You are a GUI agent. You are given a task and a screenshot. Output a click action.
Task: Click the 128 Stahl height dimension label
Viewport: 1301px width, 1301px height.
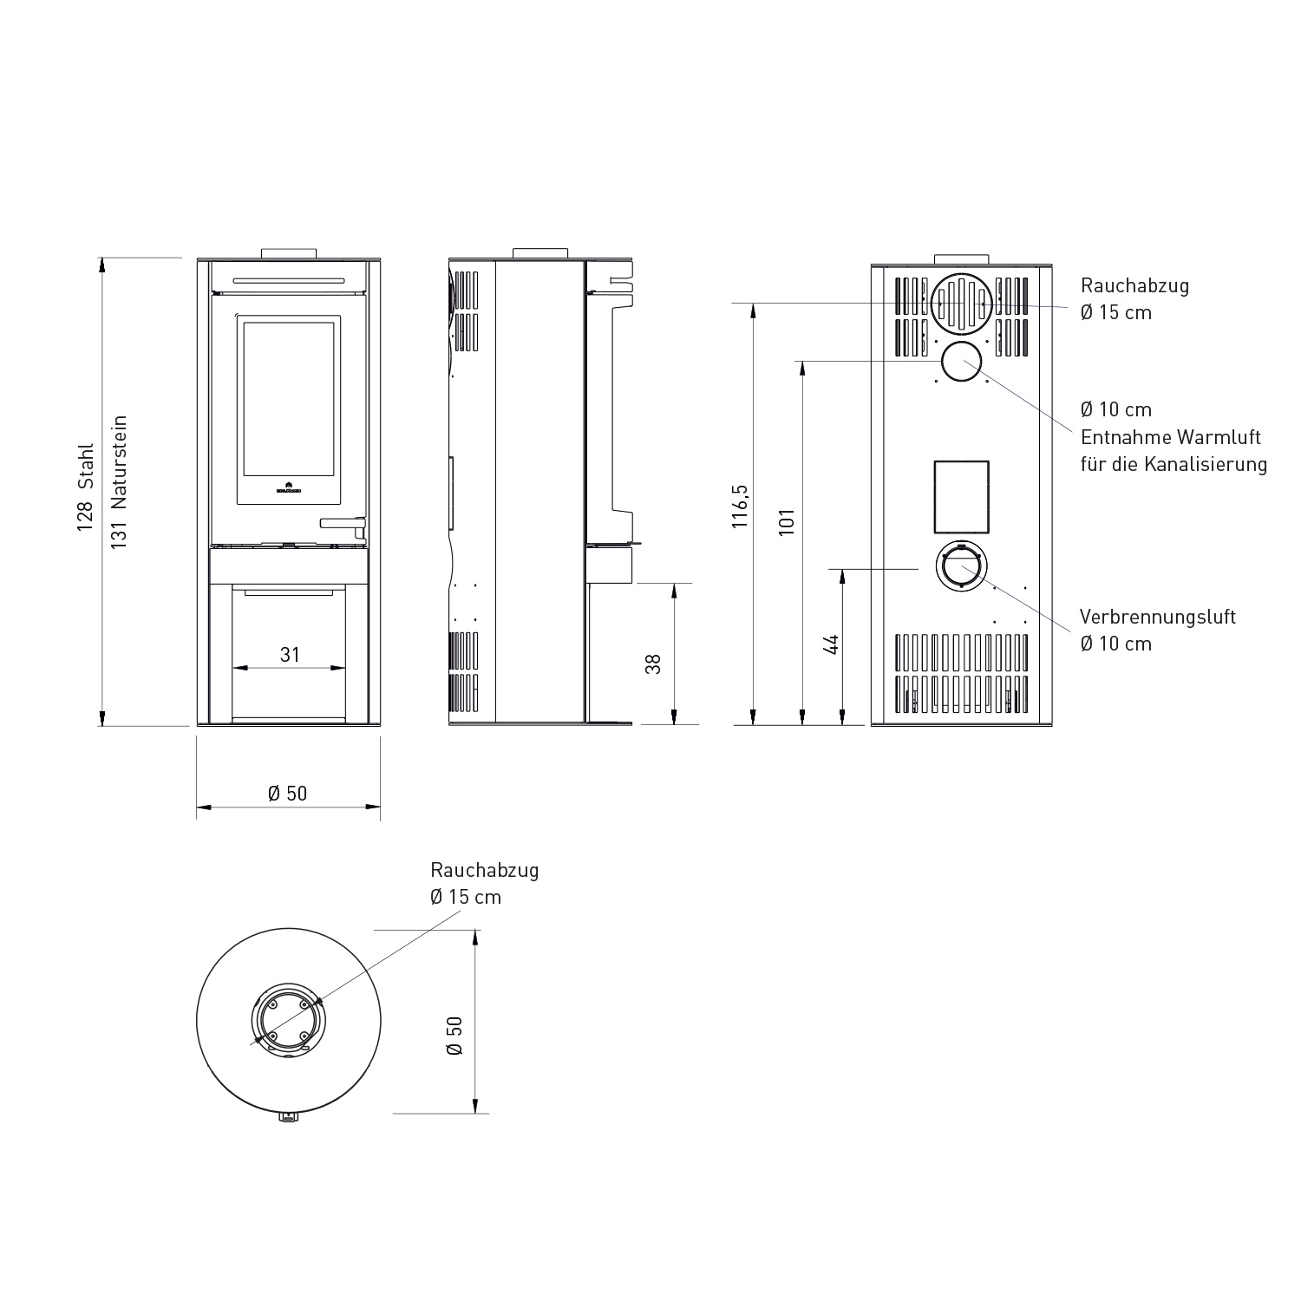point(85,488)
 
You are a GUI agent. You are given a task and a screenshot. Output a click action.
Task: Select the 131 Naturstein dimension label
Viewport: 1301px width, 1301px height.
point(120,481)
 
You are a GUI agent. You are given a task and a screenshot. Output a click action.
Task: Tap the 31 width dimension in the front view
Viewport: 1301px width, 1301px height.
point(290,655)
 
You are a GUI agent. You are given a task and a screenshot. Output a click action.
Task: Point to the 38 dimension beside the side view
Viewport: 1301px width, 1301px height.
point(654,664)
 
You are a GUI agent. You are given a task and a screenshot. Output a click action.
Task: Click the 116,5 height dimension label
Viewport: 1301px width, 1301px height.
point(740,507)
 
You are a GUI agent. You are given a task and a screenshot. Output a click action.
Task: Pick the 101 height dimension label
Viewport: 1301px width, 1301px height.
point(787,522)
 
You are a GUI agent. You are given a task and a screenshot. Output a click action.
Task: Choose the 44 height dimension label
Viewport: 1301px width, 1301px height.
point(832,644)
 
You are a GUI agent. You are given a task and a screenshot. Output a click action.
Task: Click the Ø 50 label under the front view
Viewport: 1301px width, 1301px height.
point(288,794)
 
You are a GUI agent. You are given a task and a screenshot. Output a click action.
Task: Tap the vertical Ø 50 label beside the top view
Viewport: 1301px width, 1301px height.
point(454,1035)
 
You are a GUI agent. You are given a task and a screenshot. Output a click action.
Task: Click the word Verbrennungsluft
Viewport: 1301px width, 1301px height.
point(1158,617)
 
